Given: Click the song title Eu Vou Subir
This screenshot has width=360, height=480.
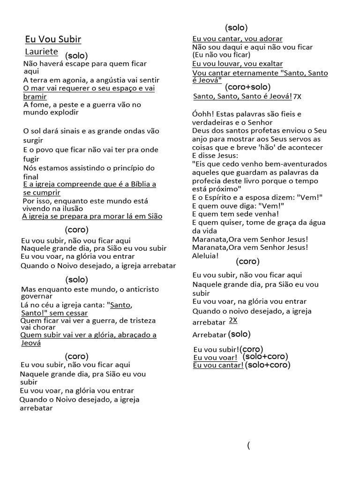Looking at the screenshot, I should (x=53, y=39).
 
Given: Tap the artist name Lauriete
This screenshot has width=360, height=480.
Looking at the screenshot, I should (x=41, y=52).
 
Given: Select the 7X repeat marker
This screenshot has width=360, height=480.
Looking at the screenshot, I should (x=297, y=97).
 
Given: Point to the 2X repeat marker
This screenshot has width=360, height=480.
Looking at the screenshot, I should (x=233, y=321).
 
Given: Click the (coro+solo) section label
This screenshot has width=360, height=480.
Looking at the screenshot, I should (x=247, y=87).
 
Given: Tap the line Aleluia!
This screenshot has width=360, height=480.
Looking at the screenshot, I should (x=205, y=256).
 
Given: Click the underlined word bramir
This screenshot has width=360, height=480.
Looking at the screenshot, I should (x=35, y=97).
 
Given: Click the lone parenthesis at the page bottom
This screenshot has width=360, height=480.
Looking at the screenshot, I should (x=248, y=445).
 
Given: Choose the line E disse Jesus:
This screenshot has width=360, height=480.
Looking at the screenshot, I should (x=215, y=156).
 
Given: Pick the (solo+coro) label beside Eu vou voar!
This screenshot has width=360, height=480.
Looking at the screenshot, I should (x=265, y=357).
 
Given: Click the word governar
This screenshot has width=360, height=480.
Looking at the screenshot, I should (x=37, y=296).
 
